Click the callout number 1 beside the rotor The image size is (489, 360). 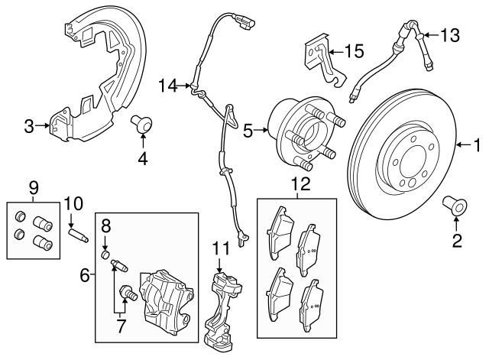(478, 144)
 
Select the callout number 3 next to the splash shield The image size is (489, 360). (29, 126)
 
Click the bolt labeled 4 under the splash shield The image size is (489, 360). (141, 123)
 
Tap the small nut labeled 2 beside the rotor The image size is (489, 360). (455, 204)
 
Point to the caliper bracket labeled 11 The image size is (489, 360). (224, 306)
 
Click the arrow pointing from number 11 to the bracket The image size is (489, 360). (220, 265)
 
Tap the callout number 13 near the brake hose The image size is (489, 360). (451, 34)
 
